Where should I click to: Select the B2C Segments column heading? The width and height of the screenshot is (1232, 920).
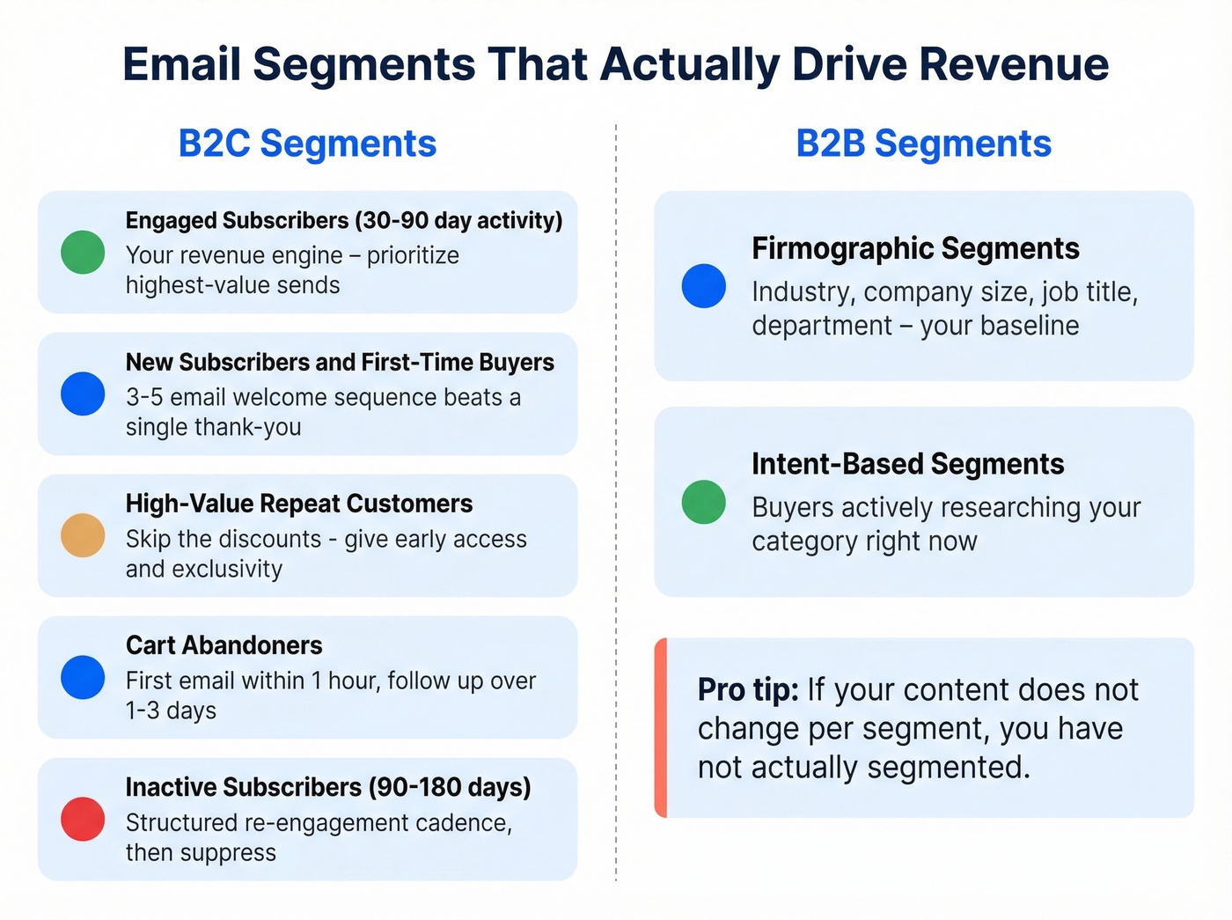[x=307, y=144]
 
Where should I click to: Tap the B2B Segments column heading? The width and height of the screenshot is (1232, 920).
[x=923, y=144]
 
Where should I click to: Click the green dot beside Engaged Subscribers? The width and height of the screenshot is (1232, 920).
[x=83, y=253]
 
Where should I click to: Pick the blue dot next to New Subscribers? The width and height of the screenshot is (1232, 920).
[x=83, y=394]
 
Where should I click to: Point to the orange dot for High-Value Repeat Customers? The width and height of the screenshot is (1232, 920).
[x=83, y=535]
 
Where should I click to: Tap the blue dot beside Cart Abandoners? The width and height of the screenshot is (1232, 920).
[x=83, y=677]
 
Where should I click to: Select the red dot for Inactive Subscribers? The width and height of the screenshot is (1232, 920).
[x=83, y=819]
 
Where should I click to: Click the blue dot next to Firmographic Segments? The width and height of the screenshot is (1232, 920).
[x=704, y=286]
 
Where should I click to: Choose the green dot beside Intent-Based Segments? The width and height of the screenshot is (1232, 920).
[x=704, y=502]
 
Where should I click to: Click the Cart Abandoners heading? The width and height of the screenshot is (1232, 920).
[x=224, y=645]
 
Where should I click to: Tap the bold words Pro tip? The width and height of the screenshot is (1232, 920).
[x=748, y=690]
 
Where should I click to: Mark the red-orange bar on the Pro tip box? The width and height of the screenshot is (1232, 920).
[x=661, y=728]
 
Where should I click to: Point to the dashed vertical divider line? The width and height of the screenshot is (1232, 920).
[x=616, y=502]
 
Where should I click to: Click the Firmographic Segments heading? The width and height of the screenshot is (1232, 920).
[x=915, y=248]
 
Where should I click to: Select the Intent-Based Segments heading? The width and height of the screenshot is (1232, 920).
[x=907, y=464]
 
